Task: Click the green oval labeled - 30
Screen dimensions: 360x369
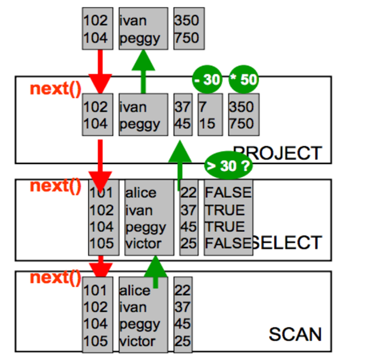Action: (x=207, y=80)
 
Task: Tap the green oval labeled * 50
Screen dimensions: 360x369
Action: (x=243, y=80)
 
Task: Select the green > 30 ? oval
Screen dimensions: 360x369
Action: (x=227, y=165)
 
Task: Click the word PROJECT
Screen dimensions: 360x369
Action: (x=277, y=152)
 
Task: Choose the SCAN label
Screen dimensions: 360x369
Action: (x=295, y=333)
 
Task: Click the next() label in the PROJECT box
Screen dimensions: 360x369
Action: (x=56, y=88)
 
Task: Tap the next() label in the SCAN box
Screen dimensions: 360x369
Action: (x=56, y=277)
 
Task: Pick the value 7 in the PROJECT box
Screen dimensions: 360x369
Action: (x=203, y=107)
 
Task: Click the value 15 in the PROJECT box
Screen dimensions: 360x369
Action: (x=207, y=124)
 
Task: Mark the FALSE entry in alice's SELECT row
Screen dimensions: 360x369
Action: (x=228, y=193)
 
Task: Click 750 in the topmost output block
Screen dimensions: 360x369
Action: (x=186, y=38)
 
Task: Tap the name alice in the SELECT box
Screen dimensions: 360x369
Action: (x=141, y=193)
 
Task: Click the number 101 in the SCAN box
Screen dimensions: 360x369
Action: (x=95, y=290)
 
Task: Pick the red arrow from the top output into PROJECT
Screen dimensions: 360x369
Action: (x=100, y=72)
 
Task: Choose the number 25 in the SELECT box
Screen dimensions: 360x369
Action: (x=188, y=243)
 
